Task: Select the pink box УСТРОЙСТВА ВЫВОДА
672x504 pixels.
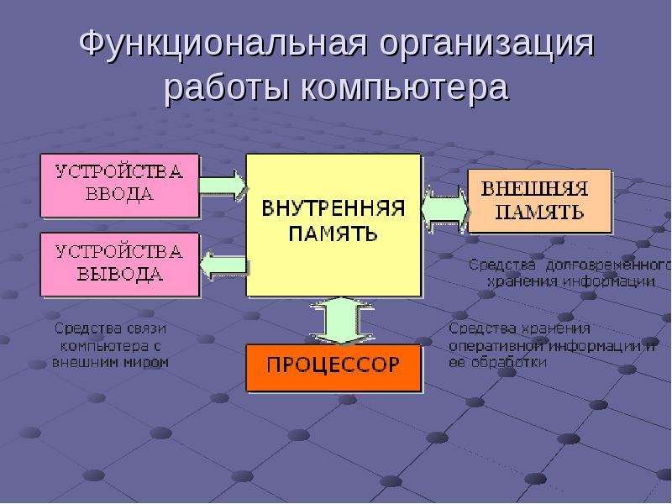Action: (119, 263)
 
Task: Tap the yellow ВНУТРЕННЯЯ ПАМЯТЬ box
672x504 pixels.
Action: (333, 223)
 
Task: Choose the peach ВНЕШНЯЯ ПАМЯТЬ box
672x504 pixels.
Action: (538, 200)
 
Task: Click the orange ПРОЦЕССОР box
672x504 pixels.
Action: (333, 367)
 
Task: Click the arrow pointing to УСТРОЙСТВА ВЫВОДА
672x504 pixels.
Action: (223, 267)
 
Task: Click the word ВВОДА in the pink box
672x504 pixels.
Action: (120, 194)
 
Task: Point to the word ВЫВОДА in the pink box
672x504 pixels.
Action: (120, 274)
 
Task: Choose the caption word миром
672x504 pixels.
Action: (148, 363)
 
